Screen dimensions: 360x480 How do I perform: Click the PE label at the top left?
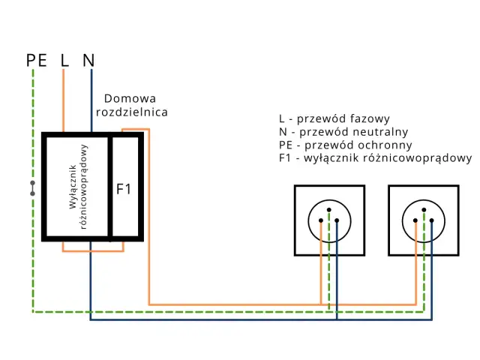point(36,60)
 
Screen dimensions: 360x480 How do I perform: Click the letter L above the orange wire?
point(64,60)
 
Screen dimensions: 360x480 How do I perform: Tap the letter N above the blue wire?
point(88,60)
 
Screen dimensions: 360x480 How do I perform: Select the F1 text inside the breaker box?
point(124,189)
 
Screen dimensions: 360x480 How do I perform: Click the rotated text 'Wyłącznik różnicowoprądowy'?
point(77,186)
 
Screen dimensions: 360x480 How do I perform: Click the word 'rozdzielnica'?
point(132,112)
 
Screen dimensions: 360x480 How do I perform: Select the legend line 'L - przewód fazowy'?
point(334,118)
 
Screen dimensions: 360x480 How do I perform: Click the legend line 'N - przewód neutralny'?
point(343,132)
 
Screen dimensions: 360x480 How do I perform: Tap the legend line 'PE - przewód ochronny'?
point(344,145)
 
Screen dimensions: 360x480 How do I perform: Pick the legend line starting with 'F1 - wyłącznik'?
point(375,158)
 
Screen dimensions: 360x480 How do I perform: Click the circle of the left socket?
point(329,221)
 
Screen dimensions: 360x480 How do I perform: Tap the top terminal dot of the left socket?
point(329,211)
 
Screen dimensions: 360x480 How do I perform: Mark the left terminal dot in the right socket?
point(415,220)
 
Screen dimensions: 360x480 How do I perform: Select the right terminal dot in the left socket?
point(337,220)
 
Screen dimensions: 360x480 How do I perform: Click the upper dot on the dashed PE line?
point(32,182)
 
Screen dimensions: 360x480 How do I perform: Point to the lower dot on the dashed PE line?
point(32,193)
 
